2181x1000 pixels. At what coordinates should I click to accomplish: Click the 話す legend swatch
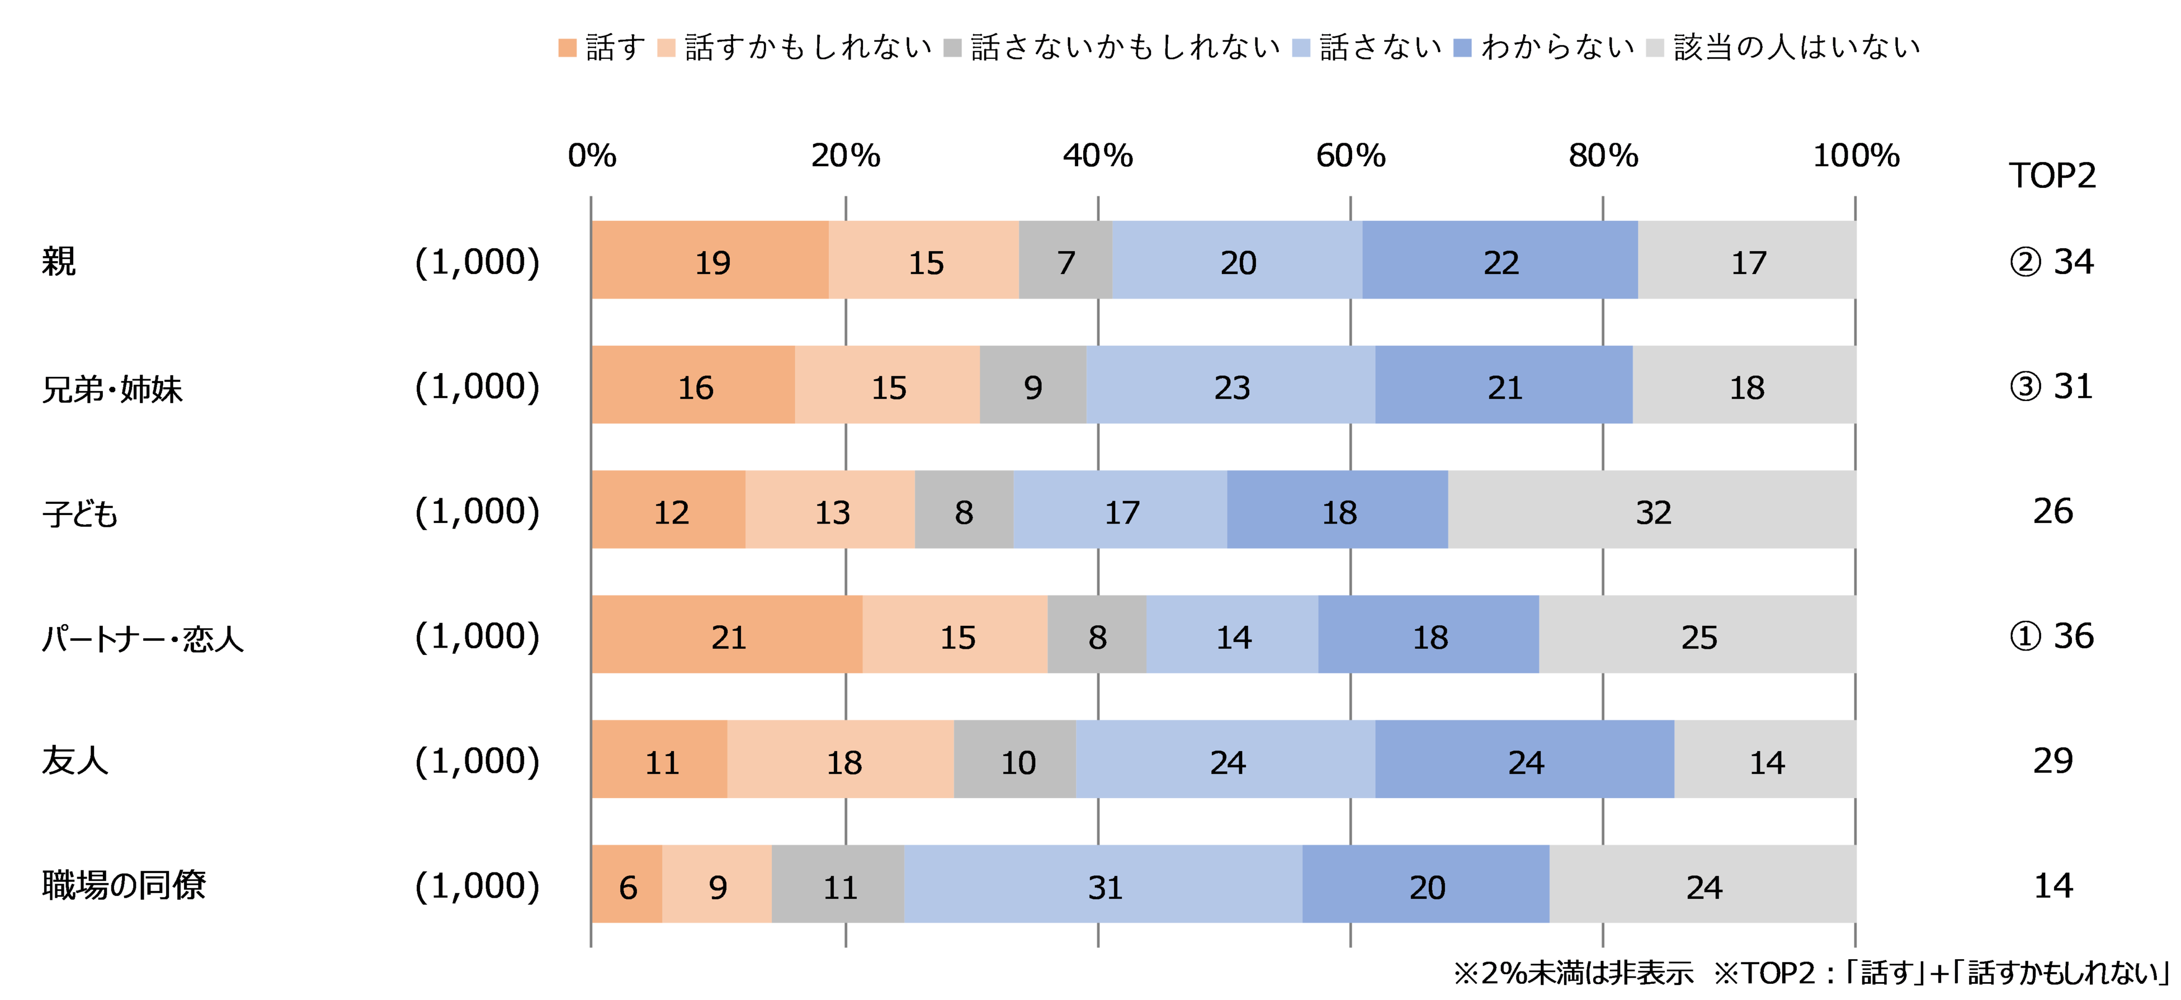[x=567, y=48]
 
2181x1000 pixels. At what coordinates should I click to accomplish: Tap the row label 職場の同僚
[x=124, y=885]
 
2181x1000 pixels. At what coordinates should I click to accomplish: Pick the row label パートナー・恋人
[x=142, y=637]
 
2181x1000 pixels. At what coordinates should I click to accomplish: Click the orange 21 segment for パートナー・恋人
[x=728, y=635]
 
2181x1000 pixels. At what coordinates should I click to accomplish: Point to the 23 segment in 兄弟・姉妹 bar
[x=1230, y=385]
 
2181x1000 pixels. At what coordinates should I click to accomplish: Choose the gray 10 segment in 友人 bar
[x=1016, y=761]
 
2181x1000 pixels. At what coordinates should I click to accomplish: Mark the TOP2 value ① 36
[x=2051, y=636]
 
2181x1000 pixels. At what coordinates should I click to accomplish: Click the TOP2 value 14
[x=2052, y=885]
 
